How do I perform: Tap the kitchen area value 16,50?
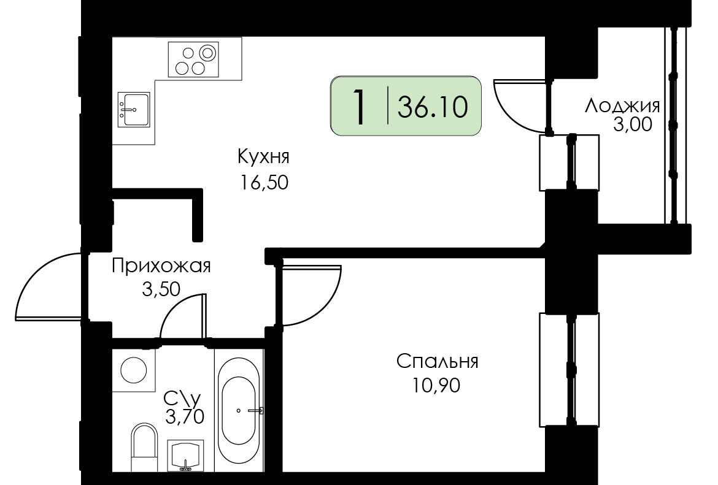264,183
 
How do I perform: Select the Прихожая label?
161,266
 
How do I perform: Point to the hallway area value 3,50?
161,289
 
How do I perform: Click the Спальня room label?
438,362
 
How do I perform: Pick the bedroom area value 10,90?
436,386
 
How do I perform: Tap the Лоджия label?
622,107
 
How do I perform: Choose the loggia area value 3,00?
632,124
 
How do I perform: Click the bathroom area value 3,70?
185,417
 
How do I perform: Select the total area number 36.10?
433,107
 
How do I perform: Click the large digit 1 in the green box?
360,107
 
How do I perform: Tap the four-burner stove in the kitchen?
193,59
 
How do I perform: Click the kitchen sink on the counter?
134,109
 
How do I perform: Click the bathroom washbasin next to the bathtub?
185,455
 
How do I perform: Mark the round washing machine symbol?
134,369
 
